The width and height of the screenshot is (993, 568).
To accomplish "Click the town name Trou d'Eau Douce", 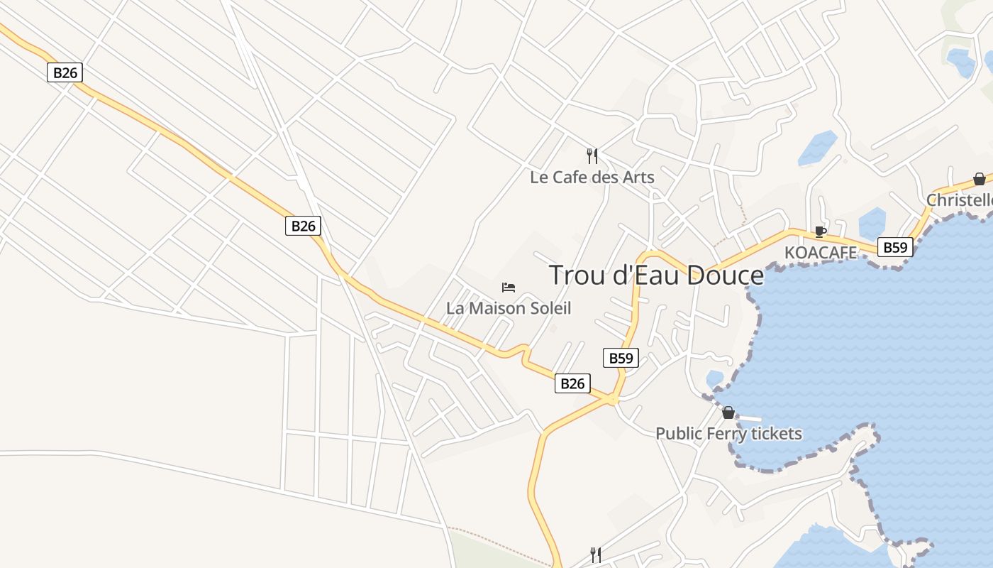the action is click(x=656, y=275).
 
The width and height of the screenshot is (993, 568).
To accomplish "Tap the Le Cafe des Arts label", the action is click(x=592, y=177).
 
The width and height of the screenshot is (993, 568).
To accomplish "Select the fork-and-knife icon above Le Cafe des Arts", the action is click(x=592, y=155).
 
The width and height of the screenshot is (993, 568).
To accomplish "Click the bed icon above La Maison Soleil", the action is click(x=508, y=288).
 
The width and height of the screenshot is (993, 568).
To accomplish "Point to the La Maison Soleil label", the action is click(x=508, y=308).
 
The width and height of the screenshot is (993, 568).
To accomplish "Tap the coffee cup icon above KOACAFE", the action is click(x=820, y=231).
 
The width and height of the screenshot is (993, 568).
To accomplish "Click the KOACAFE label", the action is click(x=820, y=252).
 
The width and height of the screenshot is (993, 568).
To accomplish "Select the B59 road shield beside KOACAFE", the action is click(x=895, y=247).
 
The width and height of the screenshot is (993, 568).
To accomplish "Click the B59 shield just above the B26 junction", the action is click(x=621, y=358).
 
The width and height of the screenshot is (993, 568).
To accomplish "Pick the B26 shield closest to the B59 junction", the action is click(x=572, y=383).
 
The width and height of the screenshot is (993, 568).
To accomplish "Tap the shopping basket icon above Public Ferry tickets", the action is click(x=728, y=413).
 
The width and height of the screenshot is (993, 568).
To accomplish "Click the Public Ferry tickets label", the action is click(x=728, y=433).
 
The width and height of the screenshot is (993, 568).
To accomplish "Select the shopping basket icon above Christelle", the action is click(x=979, y=179).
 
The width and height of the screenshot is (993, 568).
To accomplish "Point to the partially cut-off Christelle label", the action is click(x=960, y=200).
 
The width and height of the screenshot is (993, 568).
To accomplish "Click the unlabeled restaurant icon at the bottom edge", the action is click(x=596, y=555).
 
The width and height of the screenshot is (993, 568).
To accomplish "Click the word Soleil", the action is click(x=548, y=308).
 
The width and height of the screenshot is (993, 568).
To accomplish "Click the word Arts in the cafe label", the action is click(x=639, y=177).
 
